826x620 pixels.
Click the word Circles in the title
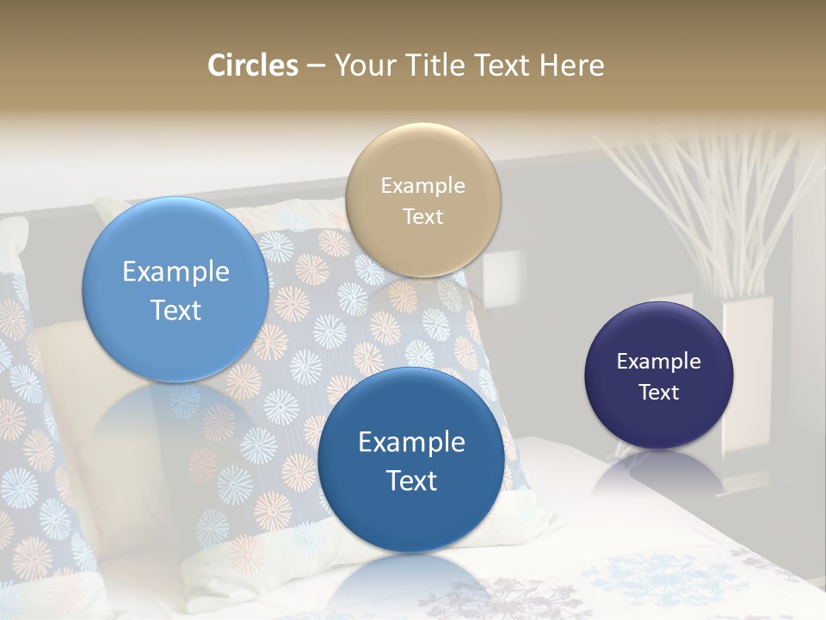click(253, 65)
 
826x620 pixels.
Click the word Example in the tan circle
click(423, 185)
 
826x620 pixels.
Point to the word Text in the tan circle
click(423, 216)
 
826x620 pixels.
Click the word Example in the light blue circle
click(176, 272)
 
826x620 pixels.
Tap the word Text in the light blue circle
click(176, 310)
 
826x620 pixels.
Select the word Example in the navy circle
click(659, 361)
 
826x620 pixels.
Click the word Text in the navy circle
click(659, 392)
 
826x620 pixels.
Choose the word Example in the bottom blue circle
click(411, 442)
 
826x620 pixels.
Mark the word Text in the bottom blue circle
click(411, 480)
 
